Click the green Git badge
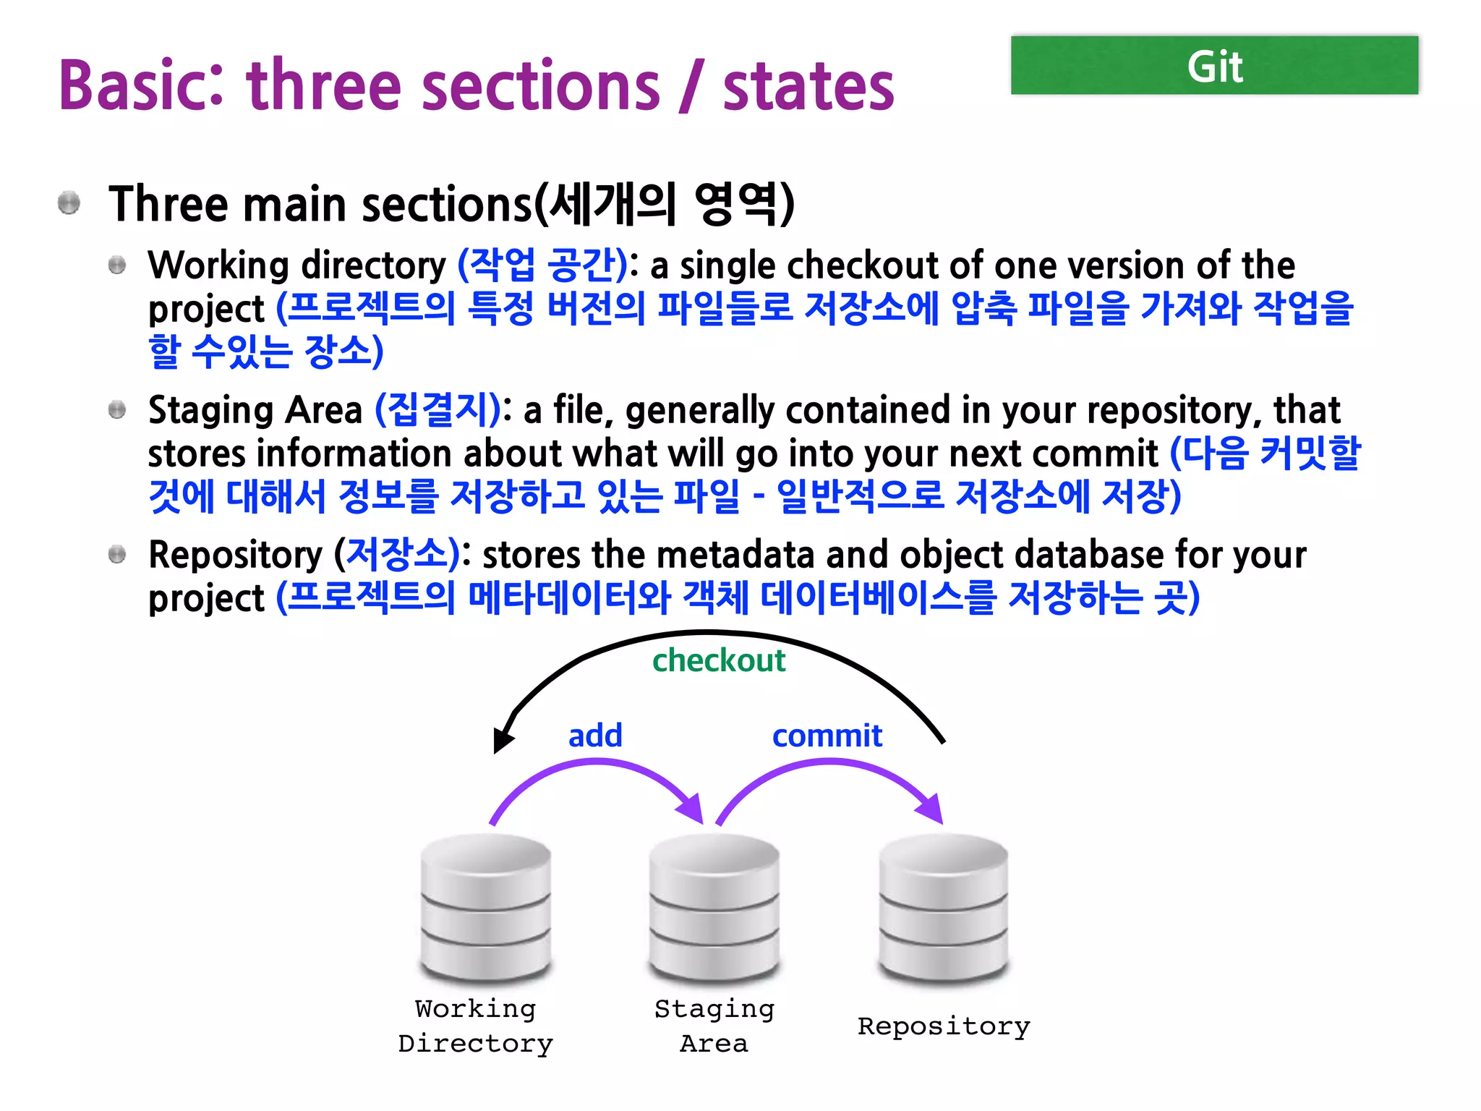tap(1214, 66)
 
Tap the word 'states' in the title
tap(808, 87)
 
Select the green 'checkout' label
tap(718, 660)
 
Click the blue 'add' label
tap(595, 736)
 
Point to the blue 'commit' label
tap(827, 736)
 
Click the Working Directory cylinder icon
tap(486, 908)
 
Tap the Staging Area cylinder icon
tap(714, 908)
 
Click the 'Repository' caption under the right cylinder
tap(944, 1026)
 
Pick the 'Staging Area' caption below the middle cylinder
tap(714, 1026)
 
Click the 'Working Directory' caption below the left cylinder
tap(476, 1026)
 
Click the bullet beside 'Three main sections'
tap(69, 203)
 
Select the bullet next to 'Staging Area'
tap(117, 410)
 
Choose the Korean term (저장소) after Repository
tap(397, 554)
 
